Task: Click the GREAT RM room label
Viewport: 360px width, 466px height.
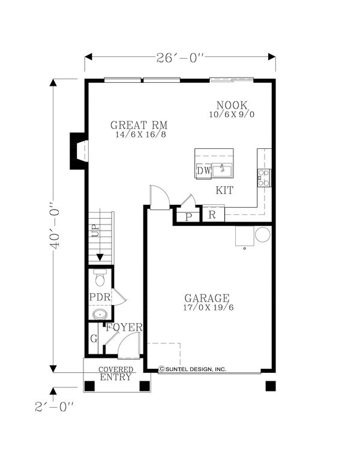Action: tap(139, 125)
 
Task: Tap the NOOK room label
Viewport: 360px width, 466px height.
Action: tap(232, 105)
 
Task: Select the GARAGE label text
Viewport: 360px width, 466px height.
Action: tap(207, 298)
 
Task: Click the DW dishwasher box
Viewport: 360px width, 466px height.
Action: tap(203, 171)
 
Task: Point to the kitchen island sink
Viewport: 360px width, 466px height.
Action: tap(222, 170)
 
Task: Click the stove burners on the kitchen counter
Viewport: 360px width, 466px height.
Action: tap(264, 178)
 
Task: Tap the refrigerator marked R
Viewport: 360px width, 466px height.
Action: tap(213, 214)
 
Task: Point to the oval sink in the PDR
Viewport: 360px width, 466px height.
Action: tap(100, 314)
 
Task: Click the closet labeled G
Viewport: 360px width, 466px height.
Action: tap(94, 339)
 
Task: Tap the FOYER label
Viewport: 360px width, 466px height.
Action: tap(124, 327)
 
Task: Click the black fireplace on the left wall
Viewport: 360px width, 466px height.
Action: tap(79, 151)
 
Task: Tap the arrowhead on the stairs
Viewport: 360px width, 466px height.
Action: tap(100, 257)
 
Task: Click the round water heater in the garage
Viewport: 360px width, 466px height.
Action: tap(263, 234)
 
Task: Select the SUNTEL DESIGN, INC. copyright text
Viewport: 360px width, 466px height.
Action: tap(193, 369)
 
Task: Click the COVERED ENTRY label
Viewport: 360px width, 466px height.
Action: tap(116, 374)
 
